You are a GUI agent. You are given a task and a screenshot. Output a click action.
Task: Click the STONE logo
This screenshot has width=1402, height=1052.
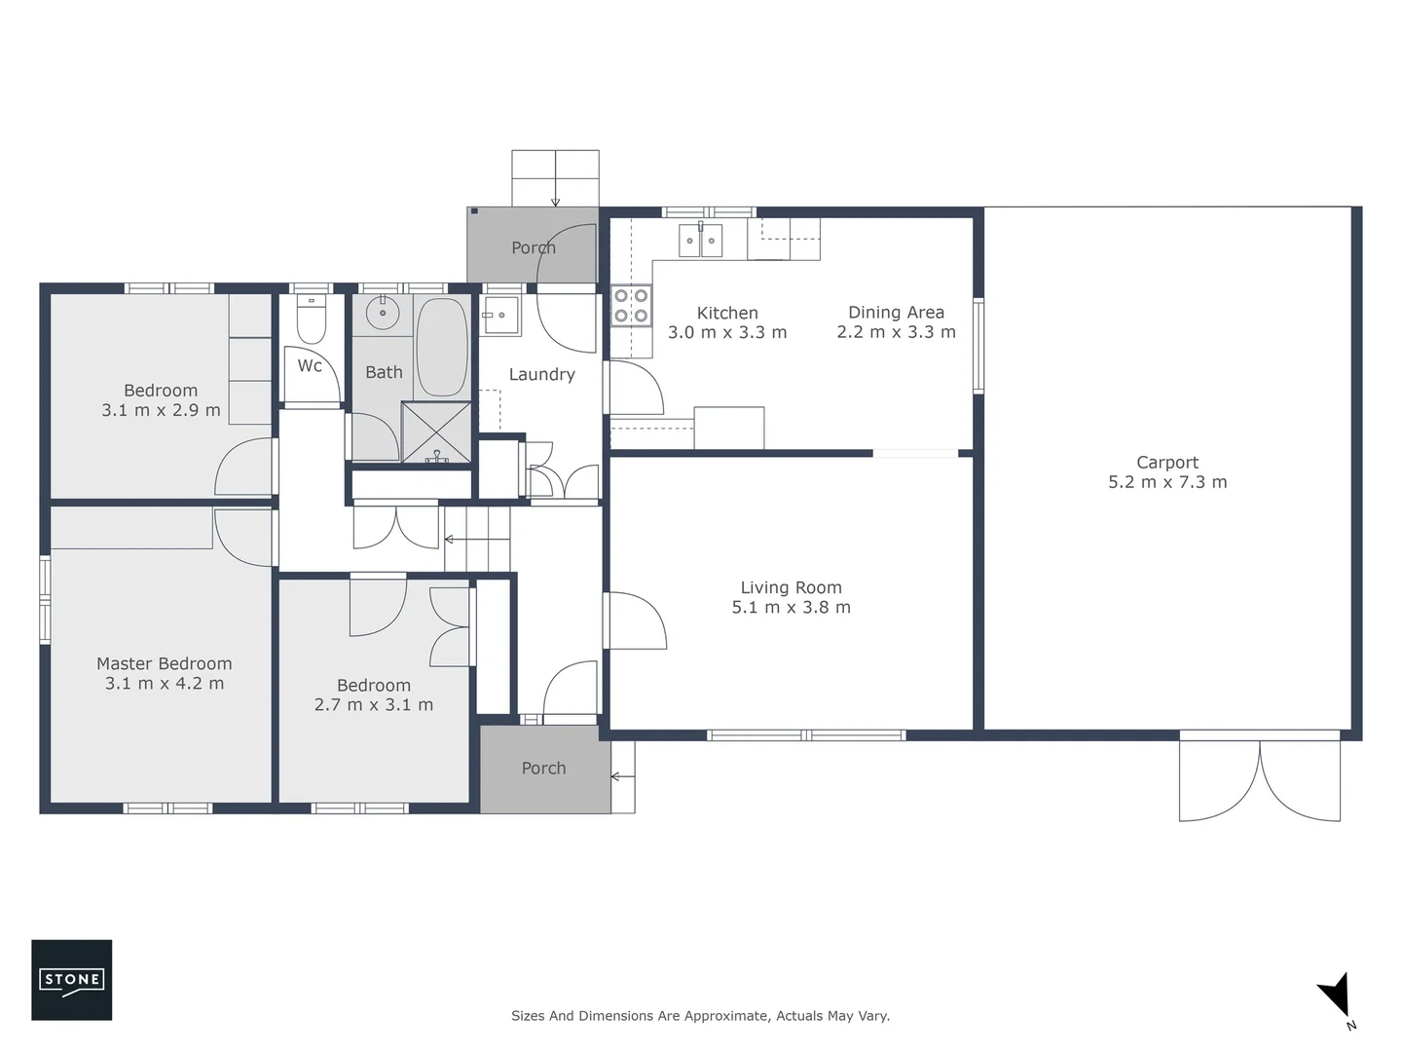(71, 979)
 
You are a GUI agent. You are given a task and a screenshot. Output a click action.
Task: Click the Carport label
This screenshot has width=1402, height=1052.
(1167, 463)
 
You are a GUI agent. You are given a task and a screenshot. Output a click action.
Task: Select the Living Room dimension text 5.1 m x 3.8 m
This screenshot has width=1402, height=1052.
(791, 608)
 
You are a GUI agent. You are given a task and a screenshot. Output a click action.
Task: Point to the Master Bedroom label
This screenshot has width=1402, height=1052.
(164, 664)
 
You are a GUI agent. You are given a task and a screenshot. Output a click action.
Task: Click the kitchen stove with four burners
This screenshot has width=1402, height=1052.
(630, 305)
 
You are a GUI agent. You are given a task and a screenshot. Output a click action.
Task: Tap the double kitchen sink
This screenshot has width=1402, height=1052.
(700, 240)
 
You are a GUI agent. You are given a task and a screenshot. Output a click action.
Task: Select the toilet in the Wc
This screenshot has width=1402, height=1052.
(311, 318)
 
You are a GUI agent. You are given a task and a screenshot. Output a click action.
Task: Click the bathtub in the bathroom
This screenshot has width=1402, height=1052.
(442, 347)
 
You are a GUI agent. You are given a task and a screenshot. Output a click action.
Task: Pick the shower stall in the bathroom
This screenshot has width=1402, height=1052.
(436, 432)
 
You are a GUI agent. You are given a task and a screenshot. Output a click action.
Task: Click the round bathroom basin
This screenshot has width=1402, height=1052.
(383, 313)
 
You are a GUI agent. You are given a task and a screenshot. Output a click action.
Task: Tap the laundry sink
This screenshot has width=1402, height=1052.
(500, 315)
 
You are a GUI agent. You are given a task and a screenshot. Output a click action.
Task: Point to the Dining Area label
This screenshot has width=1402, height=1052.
(896, 313)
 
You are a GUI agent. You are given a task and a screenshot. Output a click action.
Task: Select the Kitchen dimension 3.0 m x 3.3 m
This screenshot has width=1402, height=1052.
(727, 332)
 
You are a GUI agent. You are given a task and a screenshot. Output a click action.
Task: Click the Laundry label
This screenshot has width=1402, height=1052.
(541, 374)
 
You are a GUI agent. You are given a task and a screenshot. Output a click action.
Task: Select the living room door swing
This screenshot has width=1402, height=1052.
(635, 621)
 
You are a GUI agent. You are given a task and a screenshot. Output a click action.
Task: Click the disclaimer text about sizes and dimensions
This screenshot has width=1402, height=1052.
(700, 1016)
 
